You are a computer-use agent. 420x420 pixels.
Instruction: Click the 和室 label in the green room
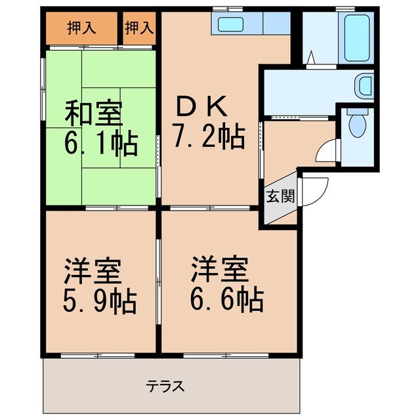93,114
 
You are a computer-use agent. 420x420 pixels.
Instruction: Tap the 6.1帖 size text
100,143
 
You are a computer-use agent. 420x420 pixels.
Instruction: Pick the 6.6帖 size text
227,299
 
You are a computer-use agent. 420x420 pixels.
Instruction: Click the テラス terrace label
165,386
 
